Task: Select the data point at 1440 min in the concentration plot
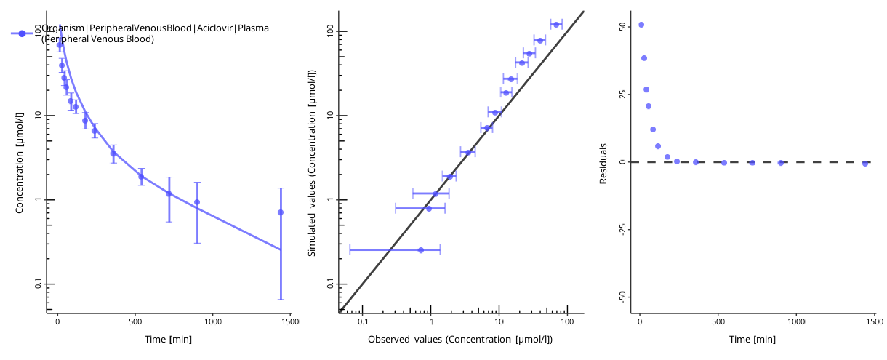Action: tap(281, 212)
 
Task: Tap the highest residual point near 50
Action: tap(641, 25)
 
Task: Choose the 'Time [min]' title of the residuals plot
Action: tap(752, 340)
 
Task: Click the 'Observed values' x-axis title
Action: tap(460, 340)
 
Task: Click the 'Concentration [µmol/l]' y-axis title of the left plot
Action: tap(20, 161)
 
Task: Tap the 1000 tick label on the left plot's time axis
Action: tap(213, 321)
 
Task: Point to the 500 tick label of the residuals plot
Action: tap(718, 321)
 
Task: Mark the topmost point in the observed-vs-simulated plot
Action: tap(556, 25)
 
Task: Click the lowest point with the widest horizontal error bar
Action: tap(421, 250)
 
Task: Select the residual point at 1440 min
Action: tap(865, 164)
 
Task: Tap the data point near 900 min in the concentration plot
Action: tap(197, 202)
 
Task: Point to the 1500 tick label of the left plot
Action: tap(290, 321)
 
